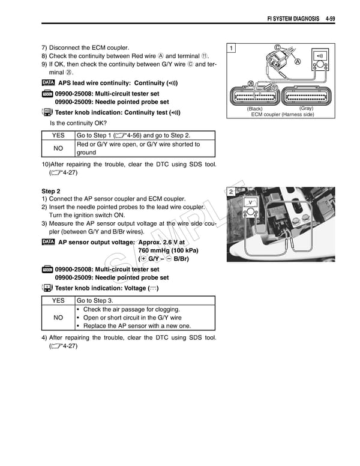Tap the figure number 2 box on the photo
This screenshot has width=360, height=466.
tap(231, 191)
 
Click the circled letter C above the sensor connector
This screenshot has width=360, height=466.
tap(277, 47)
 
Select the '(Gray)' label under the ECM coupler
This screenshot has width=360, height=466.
tap(306, 109)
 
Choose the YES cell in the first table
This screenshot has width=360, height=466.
tap(58, 136)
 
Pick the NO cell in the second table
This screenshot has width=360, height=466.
tap(58, 318)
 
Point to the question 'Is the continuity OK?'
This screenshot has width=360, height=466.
tap(82, 123)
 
